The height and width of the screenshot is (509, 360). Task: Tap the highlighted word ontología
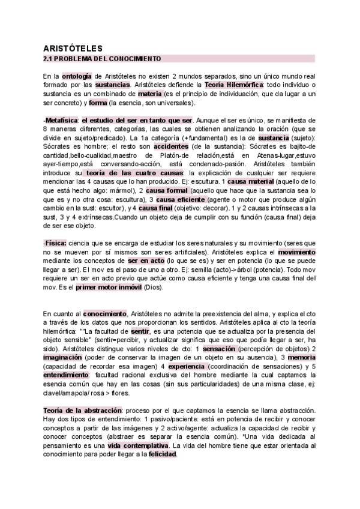click(77, 76)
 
